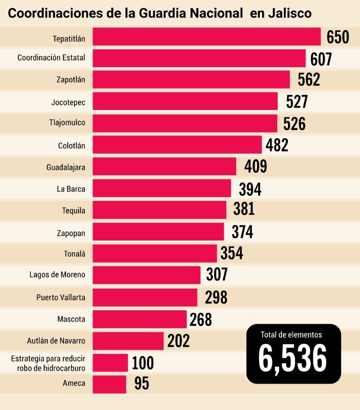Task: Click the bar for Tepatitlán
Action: pyautogui.click(x=207, y=37)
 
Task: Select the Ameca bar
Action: pyautogui.click(x=109, y=383)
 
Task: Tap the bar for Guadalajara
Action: pyautogui.click(x=165, y=167)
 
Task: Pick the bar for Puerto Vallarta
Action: pyautogui.click(x=145, y=297)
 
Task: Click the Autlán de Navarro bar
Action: pyautogui.click(x=128, y=340)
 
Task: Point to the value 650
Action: pyautogui.click(x=338, y=38)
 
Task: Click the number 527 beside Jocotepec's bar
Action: pyautogui.click(x=297, y=102)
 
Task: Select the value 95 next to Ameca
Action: pyautogui.click(x=141, y=384)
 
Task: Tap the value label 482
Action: pyautogui.click(x=277, y=145)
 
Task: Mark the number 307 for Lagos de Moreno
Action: pyautogui.click(x=217, y=275)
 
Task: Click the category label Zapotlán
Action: pyautogui.click(x=71, y=80)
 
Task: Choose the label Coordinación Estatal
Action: pyautogui.click(x=51, y=58)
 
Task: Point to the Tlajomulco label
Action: pyautogui.click(x=67, y=123)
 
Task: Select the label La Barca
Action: pyautogui.click(x=71, y=189)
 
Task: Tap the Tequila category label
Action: pyautogui.click(x=74, y=210)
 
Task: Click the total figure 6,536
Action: pyautogui.click(x=293, y=358)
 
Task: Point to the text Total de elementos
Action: pyautogui.click(x=291, y=334)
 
